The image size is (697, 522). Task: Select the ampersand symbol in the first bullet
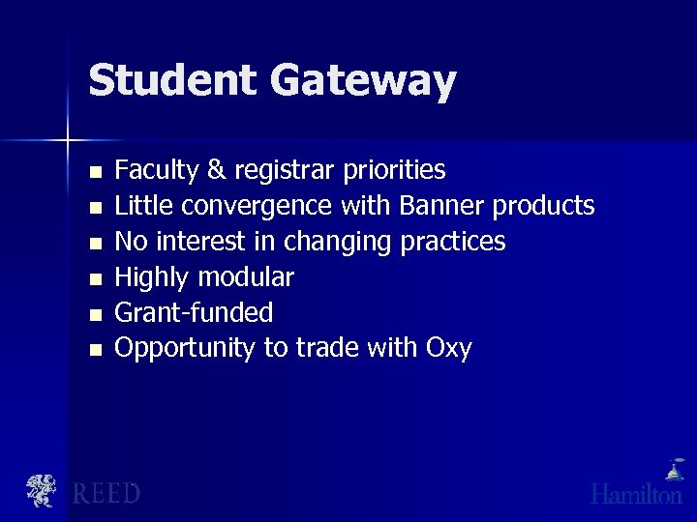(218, 171)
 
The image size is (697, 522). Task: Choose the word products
(543, 207)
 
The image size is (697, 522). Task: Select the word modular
(246, 277)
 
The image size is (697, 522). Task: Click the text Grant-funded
(194, 312)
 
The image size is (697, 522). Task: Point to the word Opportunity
(184, 348)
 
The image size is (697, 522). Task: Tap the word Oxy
(448, 348)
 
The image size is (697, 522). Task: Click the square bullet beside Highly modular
(94, 278)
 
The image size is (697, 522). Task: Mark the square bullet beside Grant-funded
(94, 313)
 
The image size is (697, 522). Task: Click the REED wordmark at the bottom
(106, 494)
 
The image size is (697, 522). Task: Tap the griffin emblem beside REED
(41, 491)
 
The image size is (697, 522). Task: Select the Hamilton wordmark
(636, 494)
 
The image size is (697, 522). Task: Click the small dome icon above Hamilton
(673, 471)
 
